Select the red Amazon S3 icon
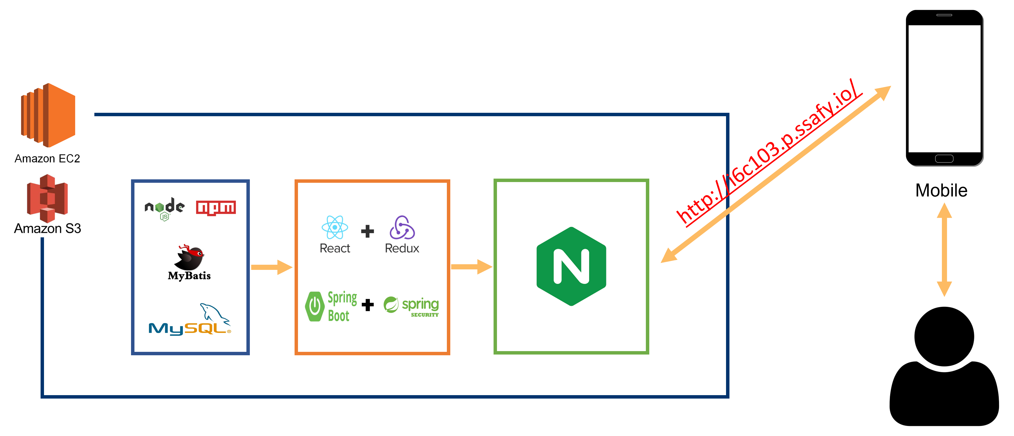coord(47,198)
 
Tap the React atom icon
coord(335,227)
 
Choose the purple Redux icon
coord(402,227)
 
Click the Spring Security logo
coord(411,306)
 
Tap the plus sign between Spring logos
coord(368,305)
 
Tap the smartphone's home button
coord(944,159)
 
